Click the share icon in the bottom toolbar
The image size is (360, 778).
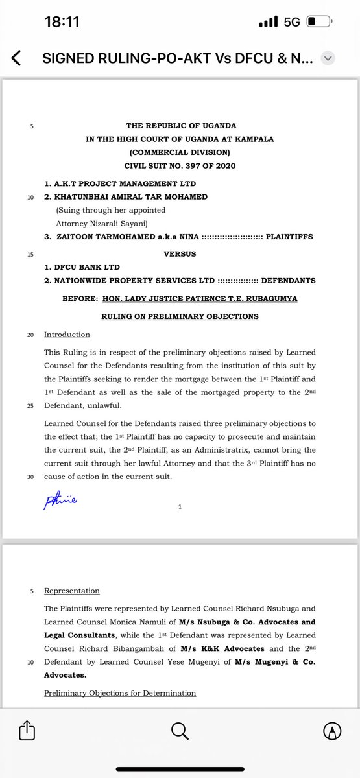[27, 731]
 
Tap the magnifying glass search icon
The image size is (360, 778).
[179, 731]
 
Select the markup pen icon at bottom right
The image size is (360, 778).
[332, 731]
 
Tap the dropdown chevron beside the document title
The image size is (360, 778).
[328, 59]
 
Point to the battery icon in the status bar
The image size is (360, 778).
[318, 21]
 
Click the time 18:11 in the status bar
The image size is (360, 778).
[62, 21]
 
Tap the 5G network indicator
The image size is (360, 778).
[292, 21]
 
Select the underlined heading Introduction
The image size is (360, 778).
[67, 335]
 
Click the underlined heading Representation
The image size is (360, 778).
[71, 591]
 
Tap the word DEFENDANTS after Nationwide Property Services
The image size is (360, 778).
[288, 280]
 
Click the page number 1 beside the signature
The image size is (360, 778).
[180, 508]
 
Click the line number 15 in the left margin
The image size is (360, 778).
[30, 254]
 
